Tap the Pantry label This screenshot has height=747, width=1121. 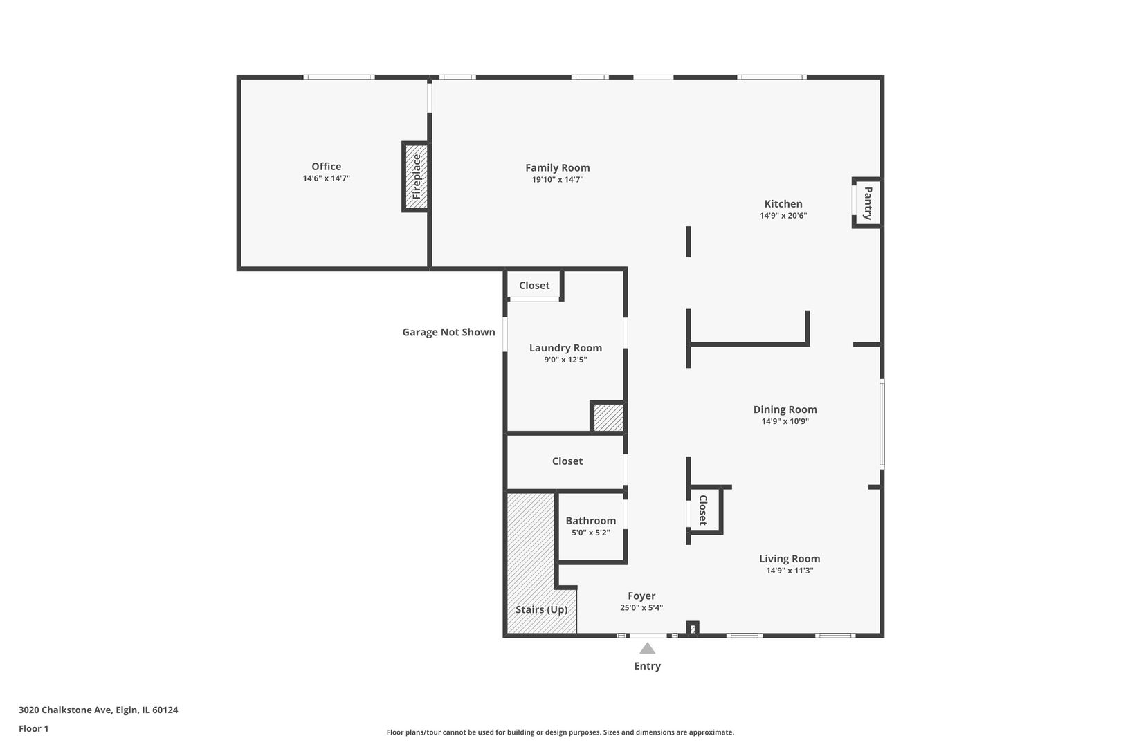pos(868,203)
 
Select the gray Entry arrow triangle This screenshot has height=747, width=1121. pos(648,648)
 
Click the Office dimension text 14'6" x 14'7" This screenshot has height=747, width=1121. pos(327,178)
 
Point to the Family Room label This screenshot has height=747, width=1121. pos(558,167)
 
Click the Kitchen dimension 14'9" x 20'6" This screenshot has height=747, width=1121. pos(783,216)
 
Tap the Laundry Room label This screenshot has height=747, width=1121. pos(565,348)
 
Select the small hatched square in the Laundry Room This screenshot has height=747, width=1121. pos(608,417)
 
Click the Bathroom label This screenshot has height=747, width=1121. pos(590,520)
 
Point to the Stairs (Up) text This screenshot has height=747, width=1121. pos(542,609)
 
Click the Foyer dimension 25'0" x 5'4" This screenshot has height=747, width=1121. pos(641,608)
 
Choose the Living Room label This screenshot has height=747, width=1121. pos(790,558)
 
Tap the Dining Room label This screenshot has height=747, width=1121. pos(785,409)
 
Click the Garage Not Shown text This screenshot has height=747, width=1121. pos(449,332)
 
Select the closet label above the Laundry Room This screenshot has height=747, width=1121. pos(534,285)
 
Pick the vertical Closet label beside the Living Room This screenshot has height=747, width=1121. pos(703,510)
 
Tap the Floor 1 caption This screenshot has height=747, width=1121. pos(33,728)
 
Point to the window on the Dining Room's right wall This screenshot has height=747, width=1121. pos(882,424)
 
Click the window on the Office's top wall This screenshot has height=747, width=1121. pos(339,77)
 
